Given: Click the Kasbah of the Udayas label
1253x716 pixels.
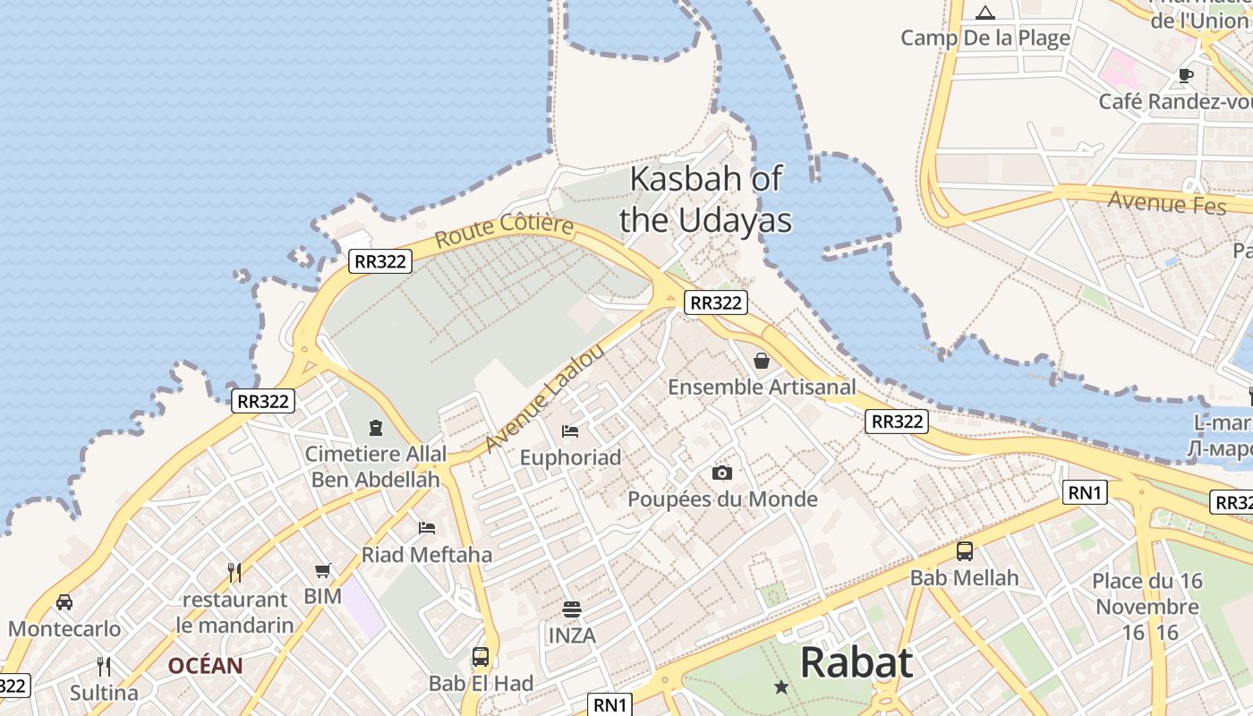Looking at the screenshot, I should (705, 200).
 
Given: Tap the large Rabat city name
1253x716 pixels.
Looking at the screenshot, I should (856, 663).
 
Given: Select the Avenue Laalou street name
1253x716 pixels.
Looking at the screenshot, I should (544, 398).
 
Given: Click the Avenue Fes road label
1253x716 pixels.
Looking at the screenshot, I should (1166, 202).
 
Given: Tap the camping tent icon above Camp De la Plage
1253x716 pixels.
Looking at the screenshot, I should (985, 13).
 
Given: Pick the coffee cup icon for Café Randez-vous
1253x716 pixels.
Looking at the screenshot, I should (1186, 76).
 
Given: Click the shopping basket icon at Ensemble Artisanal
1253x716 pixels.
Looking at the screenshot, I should (762, 361).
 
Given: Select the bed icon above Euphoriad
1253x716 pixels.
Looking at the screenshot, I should (570, 431).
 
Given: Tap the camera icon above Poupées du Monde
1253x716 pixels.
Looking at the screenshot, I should (722, 473).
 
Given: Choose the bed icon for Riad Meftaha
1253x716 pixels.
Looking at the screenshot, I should (427, 528).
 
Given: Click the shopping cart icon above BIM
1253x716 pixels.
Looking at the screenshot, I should (323, 570).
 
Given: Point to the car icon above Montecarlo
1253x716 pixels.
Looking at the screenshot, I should (64, 601).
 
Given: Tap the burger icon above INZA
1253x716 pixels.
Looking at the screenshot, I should (572, 610).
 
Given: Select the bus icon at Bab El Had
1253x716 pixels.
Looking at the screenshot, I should (481, 657).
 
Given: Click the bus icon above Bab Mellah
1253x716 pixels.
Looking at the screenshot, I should (965, 551).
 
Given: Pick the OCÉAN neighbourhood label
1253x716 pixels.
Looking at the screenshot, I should (205, 666).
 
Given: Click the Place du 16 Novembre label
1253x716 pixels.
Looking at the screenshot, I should (1146, 593).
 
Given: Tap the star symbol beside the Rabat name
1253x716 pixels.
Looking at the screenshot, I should (781, 686).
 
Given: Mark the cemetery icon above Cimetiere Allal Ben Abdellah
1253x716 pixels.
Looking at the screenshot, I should (376, 428).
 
